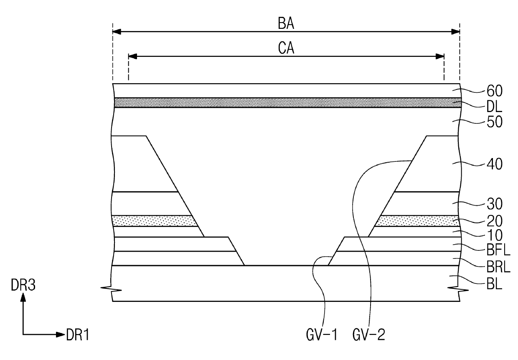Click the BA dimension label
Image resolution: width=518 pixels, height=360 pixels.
click(x=286, y=24)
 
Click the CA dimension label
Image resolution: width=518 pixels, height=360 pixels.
click(x=286, y=49)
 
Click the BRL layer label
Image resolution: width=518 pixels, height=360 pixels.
click(x=499, y=265)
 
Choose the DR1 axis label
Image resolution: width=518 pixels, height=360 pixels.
click(x=78, y=334)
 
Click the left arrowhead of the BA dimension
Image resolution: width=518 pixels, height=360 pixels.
click(x=117, y=31)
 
